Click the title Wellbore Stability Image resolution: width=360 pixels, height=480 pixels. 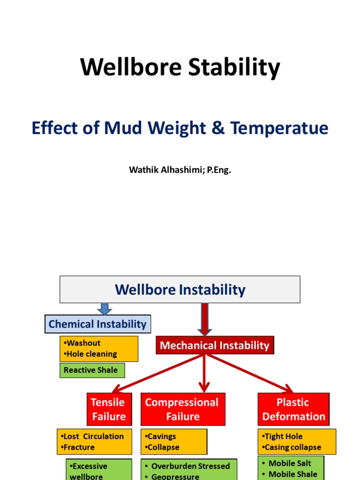[x=180, y=67]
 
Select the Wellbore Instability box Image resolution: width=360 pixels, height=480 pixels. [x=180, y=289]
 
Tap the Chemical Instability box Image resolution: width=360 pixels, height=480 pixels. [x=97, y=324]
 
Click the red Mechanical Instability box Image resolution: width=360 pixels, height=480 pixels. [x=215, y=345]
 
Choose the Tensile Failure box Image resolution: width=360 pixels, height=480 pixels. [x=108, y=409]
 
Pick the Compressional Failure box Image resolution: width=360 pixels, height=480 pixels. [x=181, y=409]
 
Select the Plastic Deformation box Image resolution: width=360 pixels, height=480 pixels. [x=293, y=409]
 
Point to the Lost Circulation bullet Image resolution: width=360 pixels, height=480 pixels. [x=93, y=436]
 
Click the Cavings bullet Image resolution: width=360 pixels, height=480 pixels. [x=161, y=436]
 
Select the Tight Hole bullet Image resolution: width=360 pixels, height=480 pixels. [x=284, y=436]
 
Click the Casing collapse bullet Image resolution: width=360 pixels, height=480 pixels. [x=293, y=447]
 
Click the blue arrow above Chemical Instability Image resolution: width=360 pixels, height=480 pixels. [x=105, y=309]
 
